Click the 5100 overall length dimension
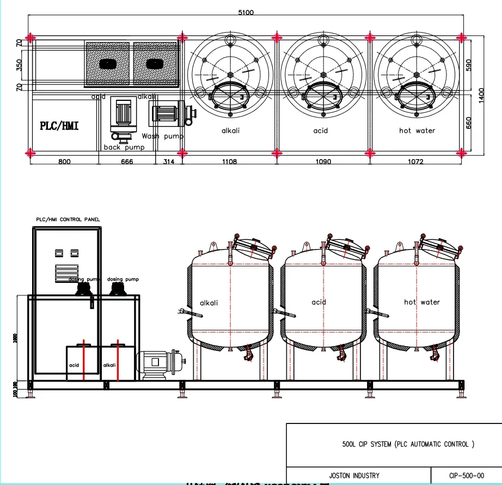[x=246, y=12]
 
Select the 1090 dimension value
[x=323, y=162]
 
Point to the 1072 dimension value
[x=415, y=162]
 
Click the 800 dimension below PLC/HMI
[x=64, y=162]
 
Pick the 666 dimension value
[x=127, y=162]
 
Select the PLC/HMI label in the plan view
[x=59, y=126]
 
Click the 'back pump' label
[x=124, y=147]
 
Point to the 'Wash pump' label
[x=162, y=136]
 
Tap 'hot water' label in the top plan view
[x=417, y=131]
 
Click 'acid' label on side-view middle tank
[x=319, y=302]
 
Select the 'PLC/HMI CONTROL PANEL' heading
[x=67, y=219]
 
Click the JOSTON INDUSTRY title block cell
[x=354, y=475]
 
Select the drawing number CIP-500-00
[x=466, y=475]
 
